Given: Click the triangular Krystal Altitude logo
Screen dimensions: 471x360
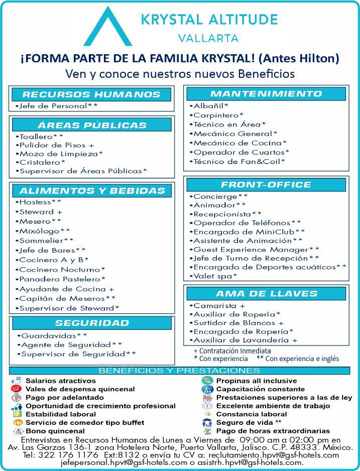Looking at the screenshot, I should coord(107,28).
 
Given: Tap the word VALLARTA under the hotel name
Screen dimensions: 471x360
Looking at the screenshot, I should coord(208,39).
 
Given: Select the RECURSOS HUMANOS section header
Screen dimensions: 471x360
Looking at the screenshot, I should coord(91,94).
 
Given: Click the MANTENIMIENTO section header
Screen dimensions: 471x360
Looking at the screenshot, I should coord(266,94).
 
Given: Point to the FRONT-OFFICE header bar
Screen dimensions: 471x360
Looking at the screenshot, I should coord(266,184).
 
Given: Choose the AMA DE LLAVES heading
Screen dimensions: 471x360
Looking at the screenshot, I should coord(266,293).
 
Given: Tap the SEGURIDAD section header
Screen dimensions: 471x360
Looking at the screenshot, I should coord(92,323).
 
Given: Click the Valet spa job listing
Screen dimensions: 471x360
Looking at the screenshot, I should coord(215,276).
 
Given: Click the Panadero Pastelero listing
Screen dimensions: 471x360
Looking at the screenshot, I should coord(61,279).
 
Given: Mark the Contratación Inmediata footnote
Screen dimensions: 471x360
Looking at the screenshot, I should coord(232,350).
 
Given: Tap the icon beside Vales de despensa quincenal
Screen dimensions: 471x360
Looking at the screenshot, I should coord(16,389).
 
